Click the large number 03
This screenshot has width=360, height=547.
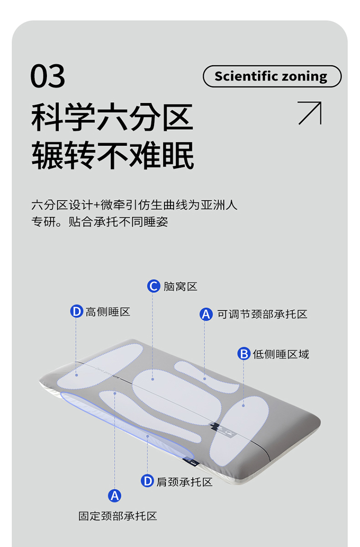click(48, 76)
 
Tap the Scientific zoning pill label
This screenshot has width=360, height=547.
click(272, 76)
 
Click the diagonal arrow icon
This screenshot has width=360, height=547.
click(310, 113)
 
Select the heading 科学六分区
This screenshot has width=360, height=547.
click(112, 117)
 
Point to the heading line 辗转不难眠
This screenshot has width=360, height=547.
click(113, 155)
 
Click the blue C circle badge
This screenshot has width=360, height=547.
click(154, 286)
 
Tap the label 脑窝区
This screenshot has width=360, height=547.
click(180, 286)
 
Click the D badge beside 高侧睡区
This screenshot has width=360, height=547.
click(76, 311)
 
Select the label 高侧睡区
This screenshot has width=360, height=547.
click(108, 312)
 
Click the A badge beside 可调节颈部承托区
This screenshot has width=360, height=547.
click(206, 314)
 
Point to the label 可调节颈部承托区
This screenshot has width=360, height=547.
click(262, 314)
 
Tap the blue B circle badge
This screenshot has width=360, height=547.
click(244, 354)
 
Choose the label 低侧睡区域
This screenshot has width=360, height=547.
click(281, 354)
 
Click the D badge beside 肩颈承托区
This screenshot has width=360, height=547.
click(147, 481)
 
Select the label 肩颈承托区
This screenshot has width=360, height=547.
click(184, 482)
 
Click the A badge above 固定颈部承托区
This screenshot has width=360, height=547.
click(114, 495)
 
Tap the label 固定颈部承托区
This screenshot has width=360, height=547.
click(118, 516)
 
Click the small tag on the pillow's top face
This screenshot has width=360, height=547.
click(223, 429)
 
